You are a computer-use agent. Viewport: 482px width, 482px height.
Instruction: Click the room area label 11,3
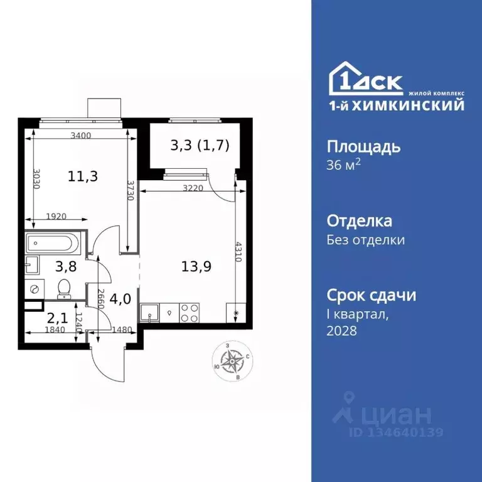pyautogui.click(x=82, y=176)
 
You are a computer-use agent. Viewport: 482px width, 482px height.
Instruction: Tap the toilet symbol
pyautogui.click(x=63, y=287)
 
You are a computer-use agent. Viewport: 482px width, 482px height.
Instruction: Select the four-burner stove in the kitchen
pyautogui.click(x=190, y=313)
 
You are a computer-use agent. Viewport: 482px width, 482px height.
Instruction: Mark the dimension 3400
pyautogui.click(x=81, y=135)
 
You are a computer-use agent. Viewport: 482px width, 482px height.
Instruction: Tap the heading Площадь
pyautogui.click(x=363, y=147)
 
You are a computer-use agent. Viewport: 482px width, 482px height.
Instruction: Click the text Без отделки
pyautogui.click(x=366, y=240)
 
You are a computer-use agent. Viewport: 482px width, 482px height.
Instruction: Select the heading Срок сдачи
pyautogui.click(x=372, y=295)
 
